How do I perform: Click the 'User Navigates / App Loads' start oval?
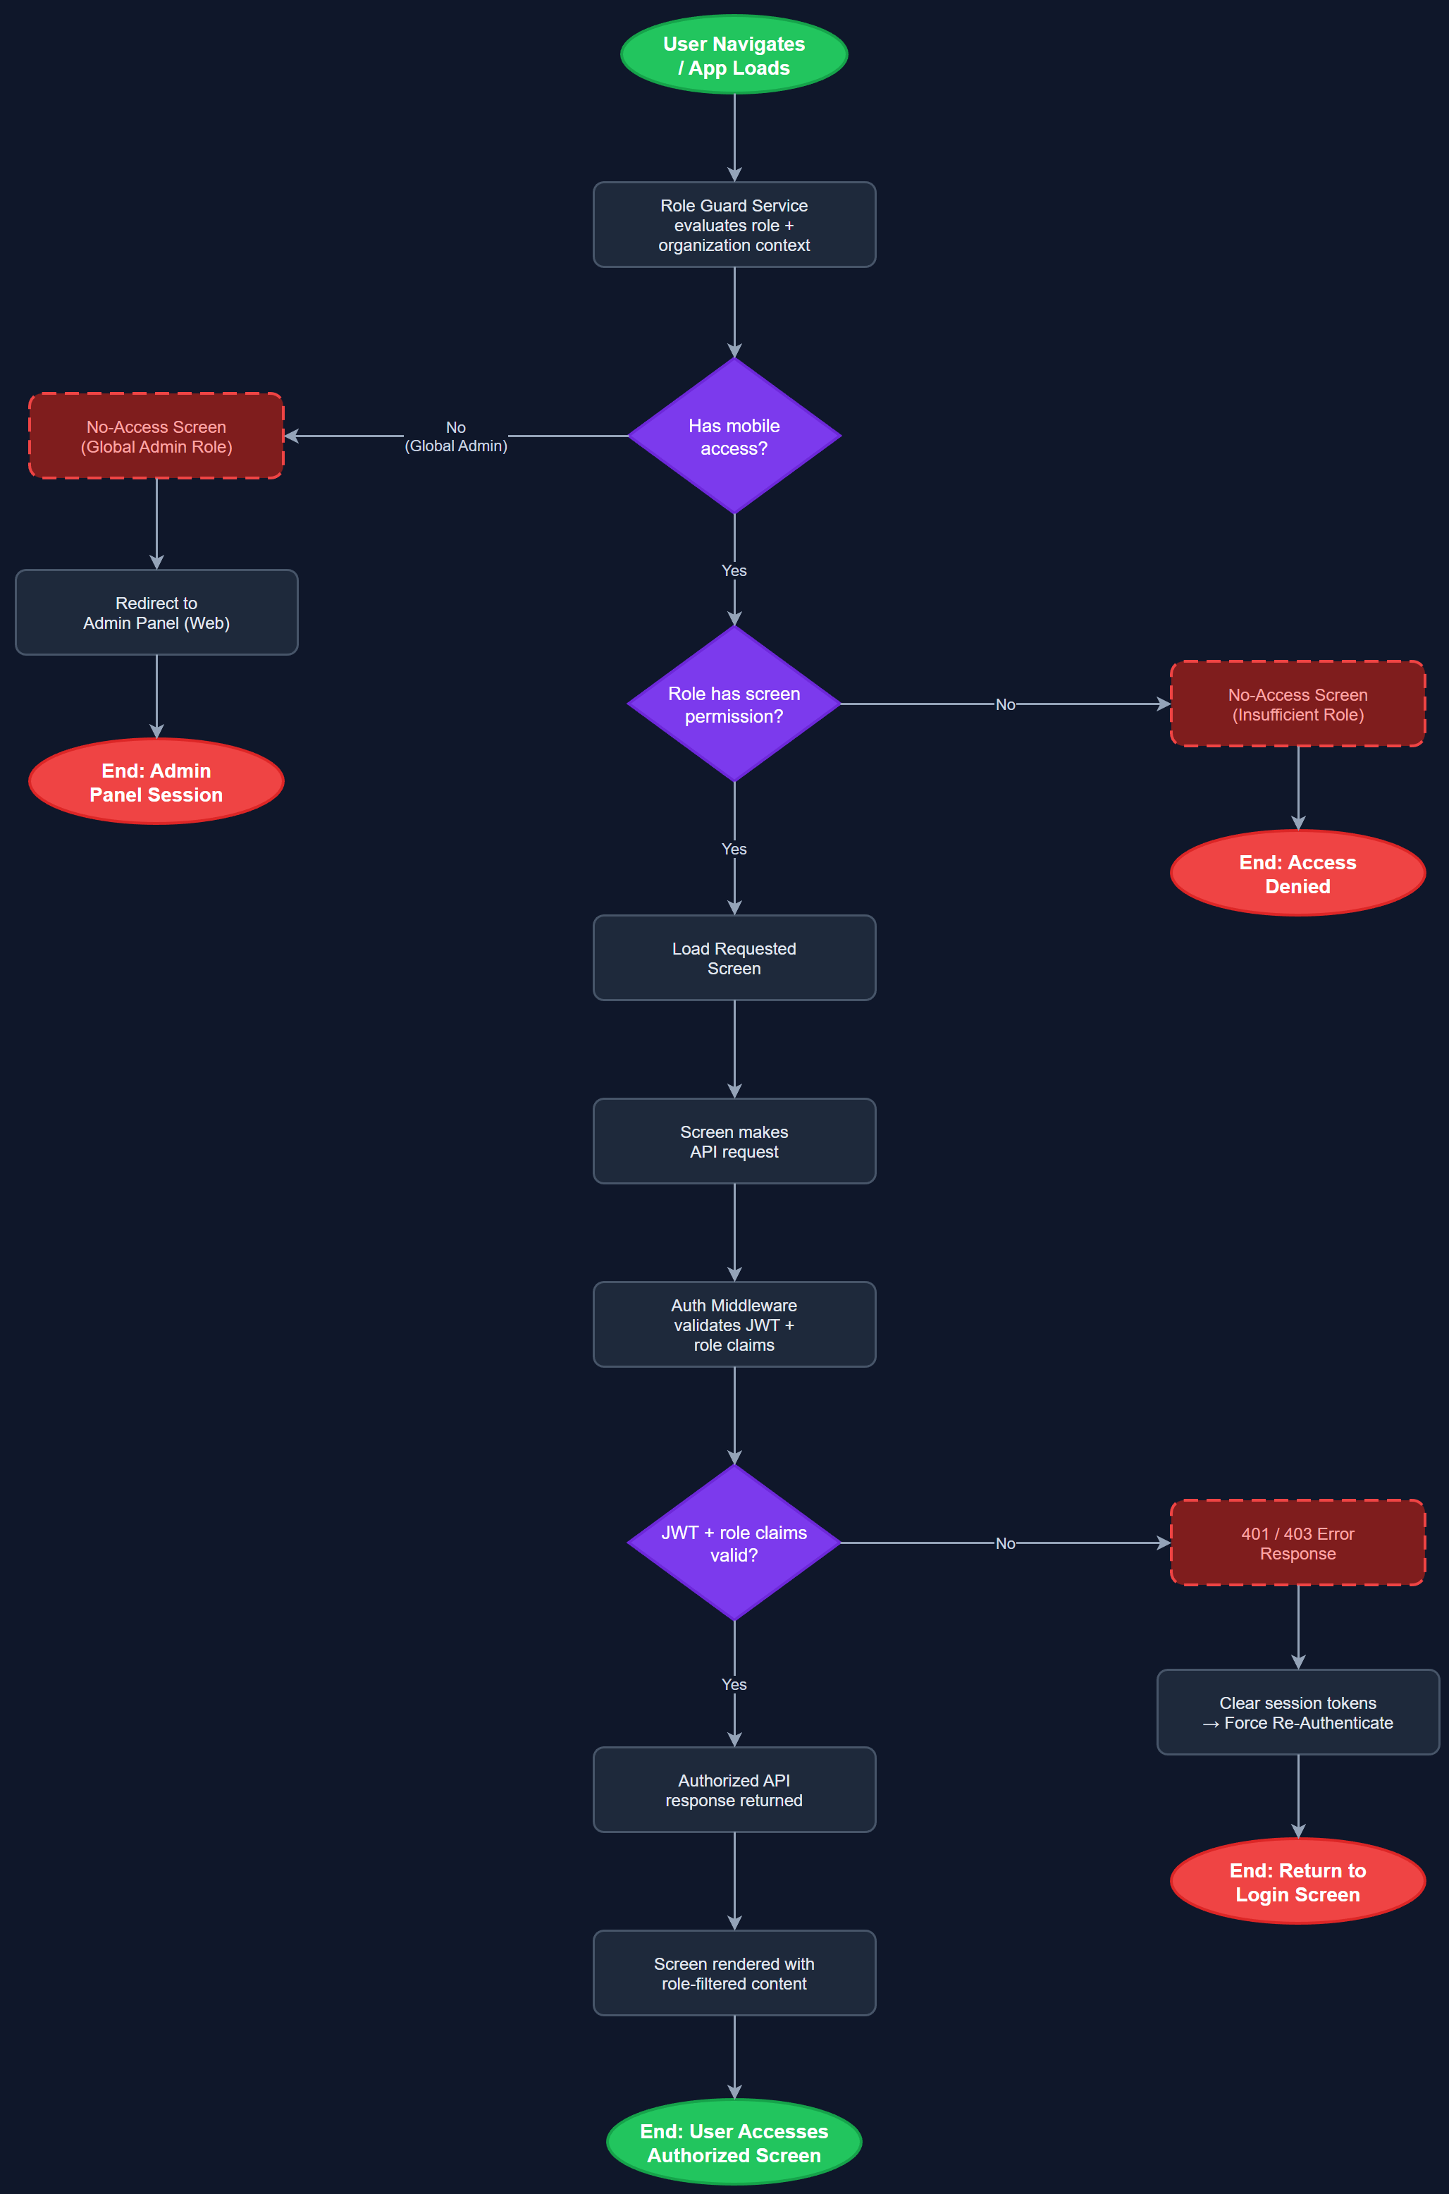click(x=734, y=56)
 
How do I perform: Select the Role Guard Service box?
click(x=734, y=225)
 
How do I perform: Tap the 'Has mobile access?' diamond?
click(x=734, y=436)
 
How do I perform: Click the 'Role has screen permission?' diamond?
click(x=734, y=704)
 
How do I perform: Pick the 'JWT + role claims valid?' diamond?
click(x=734, y=1543)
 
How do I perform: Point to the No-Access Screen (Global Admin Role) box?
click(x=156, y=436)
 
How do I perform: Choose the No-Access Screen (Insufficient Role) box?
click(x=1297, y=704)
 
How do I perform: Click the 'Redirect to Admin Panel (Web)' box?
click(x=156, y=613)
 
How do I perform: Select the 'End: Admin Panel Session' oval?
click(x=156, y=782)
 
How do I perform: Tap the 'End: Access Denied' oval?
click(x=1297, y=874)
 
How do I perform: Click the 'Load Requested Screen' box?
click(x=734, y=958)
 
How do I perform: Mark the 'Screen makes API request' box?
click(x=734, y=1141)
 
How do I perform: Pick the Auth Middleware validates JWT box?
click(x=734, y=1324)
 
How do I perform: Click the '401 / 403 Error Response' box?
click(x=1297, y=1543)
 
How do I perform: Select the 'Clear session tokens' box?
click(x=1297, y=1712)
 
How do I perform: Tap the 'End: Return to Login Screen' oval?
click(x=1297, y=1882)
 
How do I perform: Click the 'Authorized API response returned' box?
click(x=734, y=1790)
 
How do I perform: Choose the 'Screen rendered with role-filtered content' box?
click(x=734, y=1973)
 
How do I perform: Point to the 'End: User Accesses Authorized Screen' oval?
click(x=734, y=2143)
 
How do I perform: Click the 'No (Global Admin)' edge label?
click(x=455, y=436)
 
